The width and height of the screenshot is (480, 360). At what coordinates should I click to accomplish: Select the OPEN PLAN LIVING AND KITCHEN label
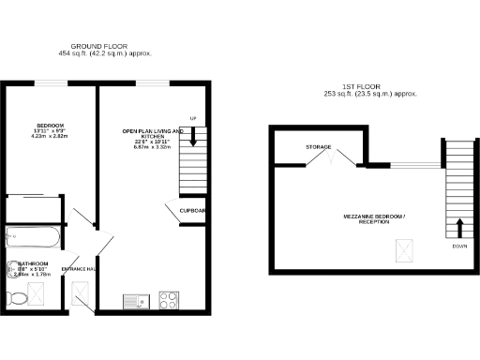(154, 133)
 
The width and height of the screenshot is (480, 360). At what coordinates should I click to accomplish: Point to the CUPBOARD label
(194, 210)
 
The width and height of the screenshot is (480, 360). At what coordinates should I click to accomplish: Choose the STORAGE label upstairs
(318, 147)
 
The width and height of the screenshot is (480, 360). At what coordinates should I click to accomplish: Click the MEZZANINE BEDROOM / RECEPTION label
(374, 220)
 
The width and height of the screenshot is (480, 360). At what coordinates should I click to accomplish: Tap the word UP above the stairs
(194, 118)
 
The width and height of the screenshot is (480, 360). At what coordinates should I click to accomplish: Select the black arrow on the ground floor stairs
(194, 137)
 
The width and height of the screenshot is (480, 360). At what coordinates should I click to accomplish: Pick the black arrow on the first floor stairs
(460, 228)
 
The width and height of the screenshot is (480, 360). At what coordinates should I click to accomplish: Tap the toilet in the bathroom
(18, 299)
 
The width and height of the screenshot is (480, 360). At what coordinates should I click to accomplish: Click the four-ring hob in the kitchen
(170, 301)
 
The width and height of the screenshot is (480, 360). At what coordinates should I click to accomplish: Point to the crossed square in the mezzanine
(405, 250)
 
